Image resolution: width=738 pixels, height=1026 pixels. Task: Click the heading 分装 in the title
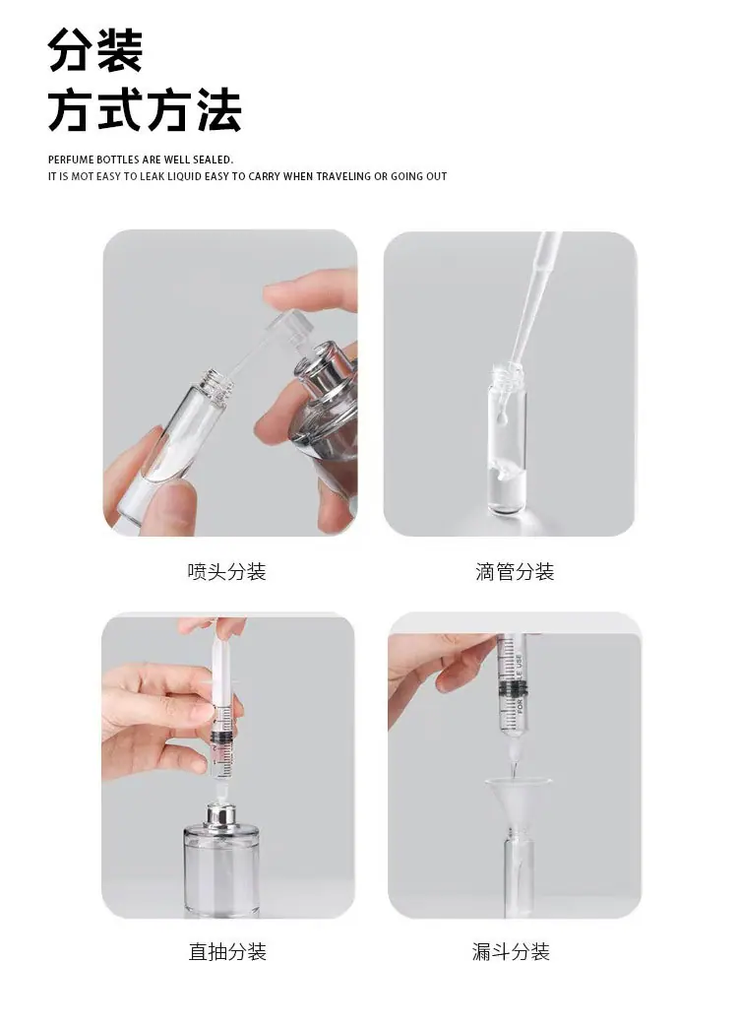[x=95, y=50]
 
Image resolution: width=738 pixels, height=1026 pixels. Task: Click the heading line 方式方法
[x=145, y=110]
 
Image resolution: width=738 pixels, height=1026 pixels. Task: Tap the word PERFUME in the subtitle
[x=71, y=160]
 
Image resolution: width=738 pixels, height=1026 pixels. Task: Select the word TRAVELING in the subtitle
[x=343, y=176]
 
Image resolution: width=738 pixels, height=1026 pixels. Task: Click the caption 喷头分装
[x=227, y=571]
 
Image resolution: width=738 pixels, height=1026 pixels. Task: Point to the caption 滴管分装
[x=515, y=571]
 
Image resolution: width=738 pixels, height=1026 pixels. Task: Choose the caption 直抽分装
[x=227, y=951]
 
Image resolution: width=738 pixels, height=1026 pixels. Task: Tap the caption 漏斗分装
[x=511, y=951]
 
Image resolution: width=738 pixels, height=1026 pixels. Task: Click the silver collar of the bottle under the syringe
[x=221, y=816]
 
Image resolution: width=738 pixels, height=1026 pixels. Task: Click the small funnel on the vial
[x=518, y=802]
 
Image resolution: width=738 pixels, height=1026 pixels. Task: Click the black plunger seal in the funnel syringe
[x=511, y=687]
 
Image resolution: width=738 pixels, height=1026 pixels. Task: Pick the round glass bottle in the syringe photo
[x=221, y=868]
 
